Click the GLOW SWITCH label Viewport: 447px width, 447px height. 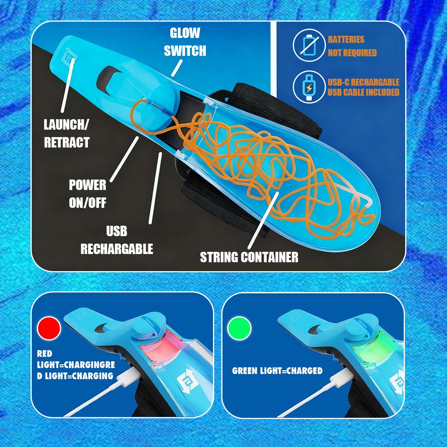tap(185, 42)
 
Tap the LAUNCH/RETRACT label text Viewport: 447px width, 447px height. tap(66, 133)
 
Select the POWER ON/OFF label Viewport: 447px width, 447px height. tap(88, 194)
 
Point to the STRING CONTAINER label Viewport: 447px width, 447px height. tap(249, 257)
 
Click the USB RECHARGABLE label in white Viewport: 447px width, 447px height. tap(117, 240)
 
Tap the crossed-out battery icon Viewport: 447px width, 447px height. tap(309, 45)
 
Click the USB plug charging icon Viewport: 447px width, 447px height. tap(309, 87)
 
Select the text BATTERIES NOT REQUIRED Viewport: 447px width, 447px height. tap(352, 46)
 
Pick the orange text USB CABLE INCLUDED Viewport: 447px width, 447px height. tap(363, 92)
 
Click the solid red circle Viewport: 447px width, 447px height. tap(49, 328)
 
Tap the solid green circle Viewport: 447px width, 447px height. tap(240, 328)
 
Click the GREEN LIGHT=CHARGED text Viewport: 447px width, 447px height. tap(277, 371)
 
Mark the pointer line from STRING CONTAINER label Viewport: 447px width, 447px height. tap(263, 220)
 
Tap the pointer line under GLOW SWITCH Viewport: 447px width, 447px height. tap(177, 68)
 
